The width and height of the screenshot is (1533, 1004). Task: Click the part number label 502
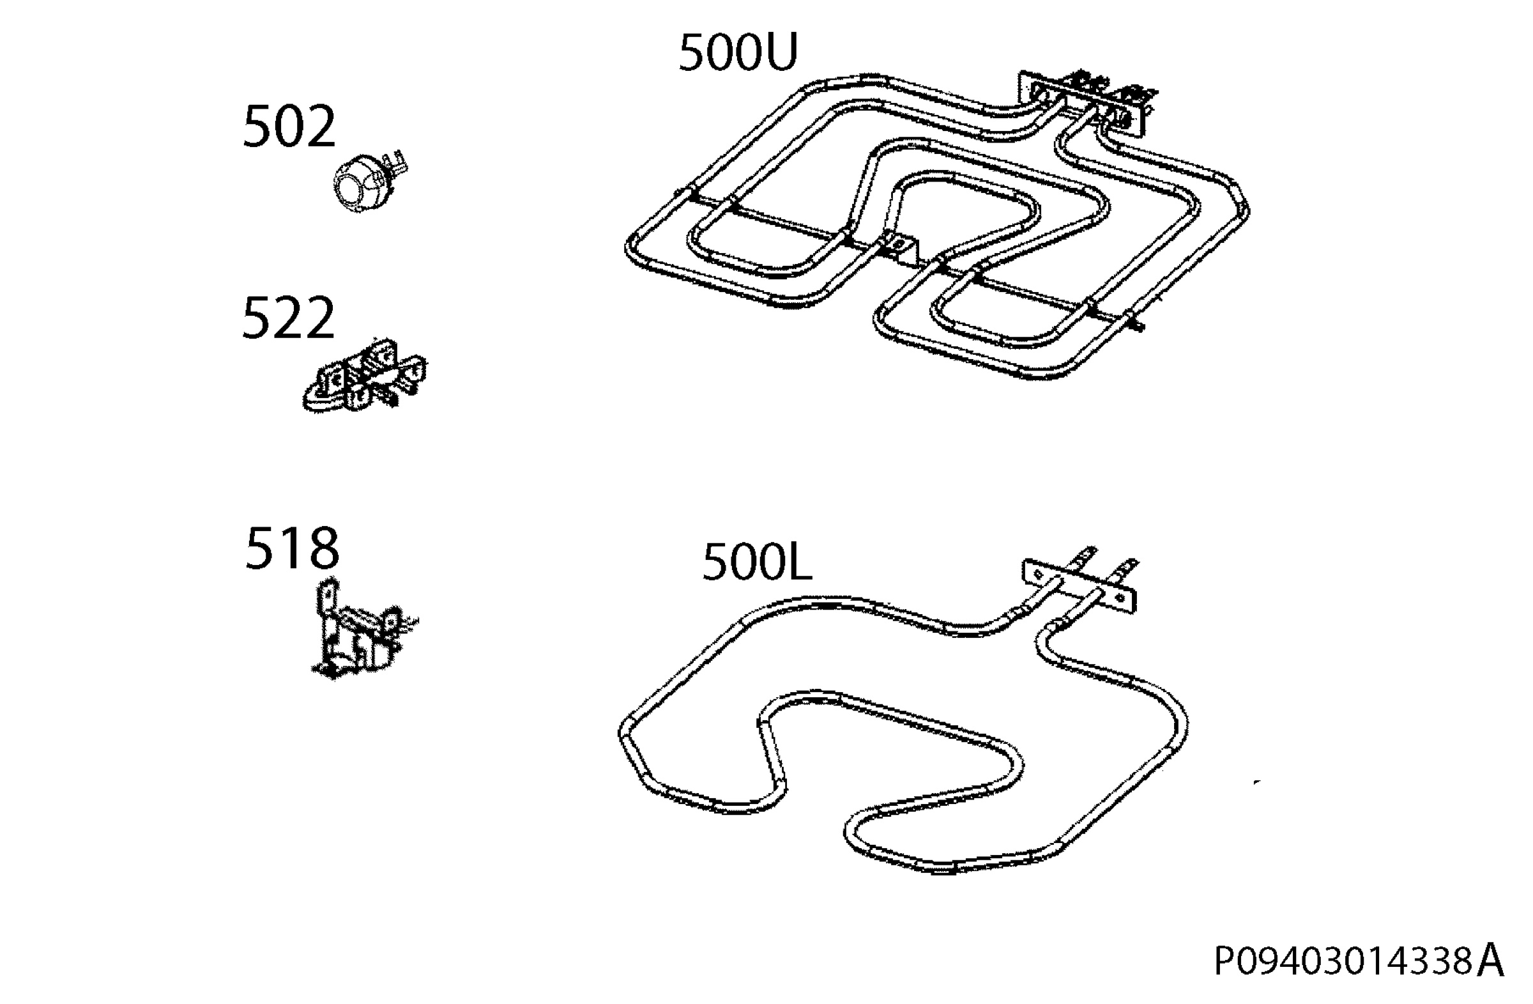289,127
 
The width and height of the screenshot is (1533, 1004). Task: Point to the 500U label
738,52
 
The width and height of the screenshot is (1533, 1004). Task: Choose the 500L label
757,561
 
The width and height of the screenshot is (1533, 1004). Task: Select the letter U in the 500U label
779,52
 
